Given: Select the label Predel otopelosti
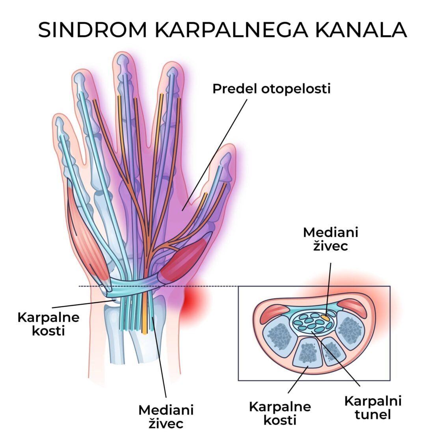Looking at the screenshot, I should point(271,89).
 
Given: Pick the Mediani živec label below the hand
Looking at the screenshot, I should point(166,416).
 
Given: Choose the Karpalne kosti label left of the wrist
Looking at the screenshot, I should point(48,324).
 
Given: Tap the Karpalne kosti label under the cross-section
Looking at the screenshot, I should point(280,413).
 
